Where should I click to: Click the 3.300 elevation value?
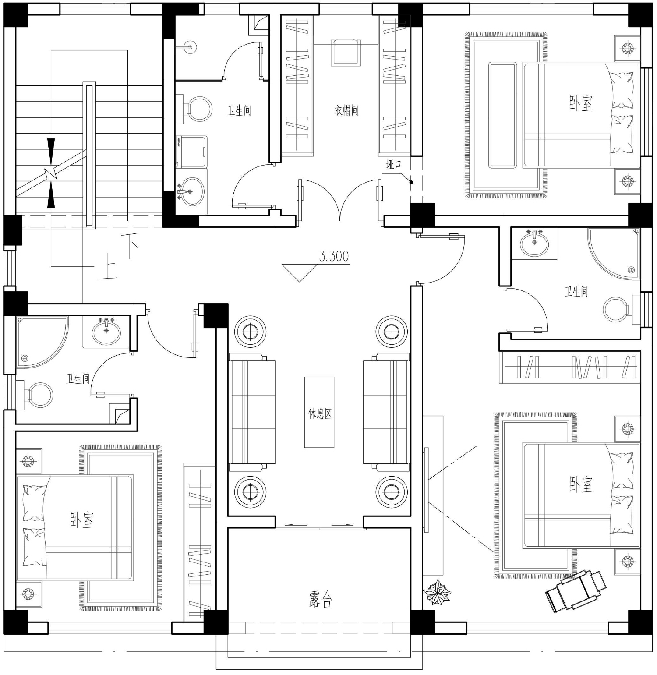click(x=334, y=256)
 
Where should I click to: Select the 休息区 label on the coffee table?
click(x=320, y=413)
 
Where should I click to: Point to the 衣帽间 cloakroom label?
click(x=346, y=110)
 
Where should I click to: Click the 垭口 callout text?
click(x=393, y=165)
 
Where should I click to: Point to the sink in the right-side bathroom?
click(x=534, y=243)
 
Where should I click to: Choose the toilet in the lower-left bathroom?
click(x=35, y=394)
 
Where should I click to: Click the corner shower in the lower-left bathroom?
click(x=42, y=342)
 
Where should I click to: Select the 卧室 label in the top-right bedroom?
click(x=580, y=104)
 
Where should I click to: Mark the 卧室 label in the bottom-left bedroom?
click(x=81, y=520)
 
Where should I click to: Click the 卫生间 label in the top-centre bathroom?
click(x=239, y=110)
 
